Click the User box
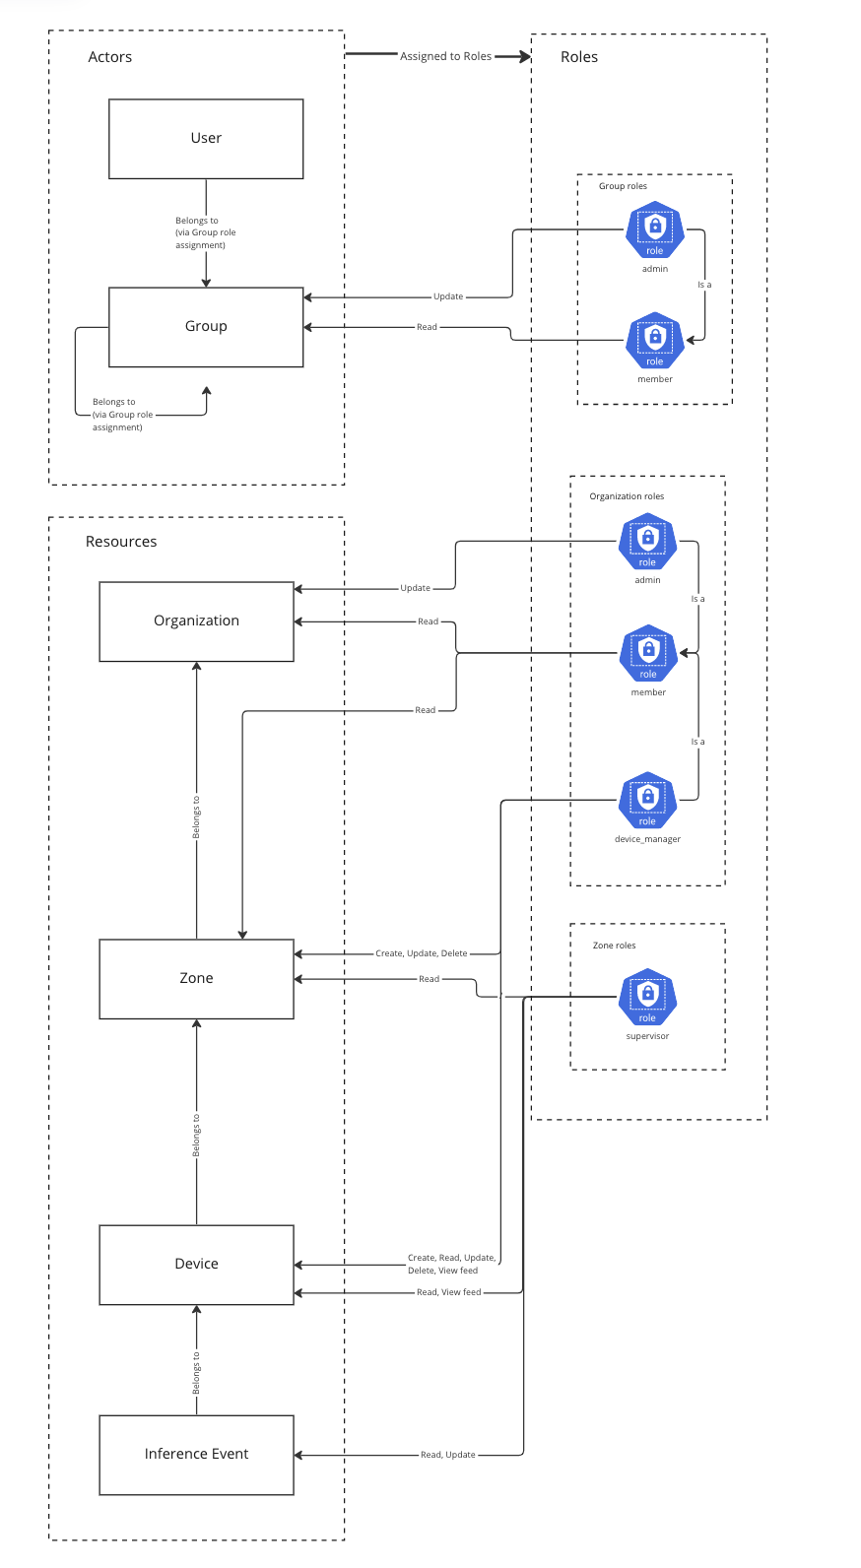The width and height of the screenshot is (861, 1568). tap(206, 139)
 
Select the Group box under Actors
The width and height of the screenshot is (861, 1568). tap(206, 327)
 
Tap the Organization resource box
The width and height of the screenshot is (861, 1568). tap(196, 621)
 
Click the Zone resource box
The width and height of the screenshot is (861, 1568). tap(196, 979)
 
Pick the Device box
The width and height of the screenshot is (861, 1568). tap(196, 1265)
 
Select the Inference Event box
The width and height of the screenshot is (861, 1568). tap(196, 1455)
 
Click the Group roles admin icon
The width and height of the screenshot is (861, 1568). tap(655, 230)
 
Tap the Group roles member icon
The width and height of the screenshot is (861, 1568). tap(655, 341)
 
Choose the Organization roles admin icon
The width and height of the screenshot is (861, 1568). tap(647, 542)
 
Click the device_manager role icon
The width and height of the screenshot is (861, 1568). tap(647, 800)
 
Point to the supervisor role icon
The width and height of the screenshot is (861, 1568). tap(647, 997)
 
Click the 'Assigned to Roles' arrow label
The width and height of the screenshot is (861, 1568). tap(445, 57)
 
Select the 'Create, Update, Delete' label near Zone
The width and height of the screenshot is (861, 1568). tap(421, 953)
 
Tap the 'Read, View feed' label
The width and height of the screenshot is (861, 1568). tap(448, 1292)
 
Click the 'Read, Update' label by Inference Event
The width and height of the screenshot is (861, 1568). tap(447, 1455)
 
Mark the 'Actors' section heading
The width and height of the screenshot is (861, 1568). tap(110, 57)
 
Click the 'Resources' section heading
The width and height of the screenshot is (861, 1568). tap(121, 542)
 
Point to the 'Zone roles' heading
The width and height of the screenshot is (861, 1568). tap(614, 946)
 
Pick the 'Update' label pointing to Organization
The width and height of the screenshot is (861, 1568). tap(415, 588)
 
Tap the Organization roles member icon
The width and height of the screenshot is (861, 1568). tap(648, 653)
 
